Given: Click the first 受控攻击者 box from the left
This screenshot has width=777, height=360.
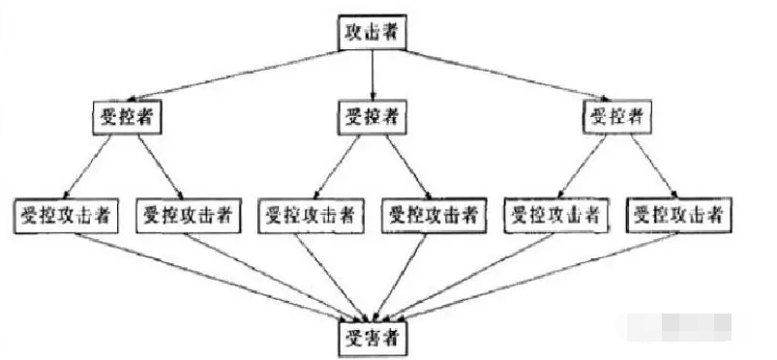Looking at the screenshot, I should coord(66,215).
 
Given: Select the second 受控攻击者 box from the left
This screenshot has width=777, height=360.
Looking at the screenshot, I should coord(188,215).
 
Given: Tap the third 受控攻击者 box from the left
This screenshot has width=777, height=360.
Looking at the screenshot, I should coord(311,215).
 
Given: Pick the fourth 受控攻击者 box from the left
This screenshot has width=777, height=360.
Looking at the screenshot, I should coord(433,215).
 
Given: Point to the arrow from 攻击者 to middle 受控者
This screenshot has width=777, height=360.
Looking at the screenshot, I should coord(373,74).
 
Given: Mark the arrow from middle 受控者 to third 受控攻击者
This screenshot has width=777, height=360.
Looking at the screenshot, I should coord(341,165).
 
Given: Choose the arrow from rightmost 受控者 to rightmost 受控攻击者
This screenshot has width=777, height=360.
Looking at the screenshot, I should coord(647,165).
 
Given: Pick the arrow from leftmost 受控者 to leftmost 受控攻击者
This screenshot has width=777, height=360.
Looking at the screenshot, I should coord(96,165).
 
